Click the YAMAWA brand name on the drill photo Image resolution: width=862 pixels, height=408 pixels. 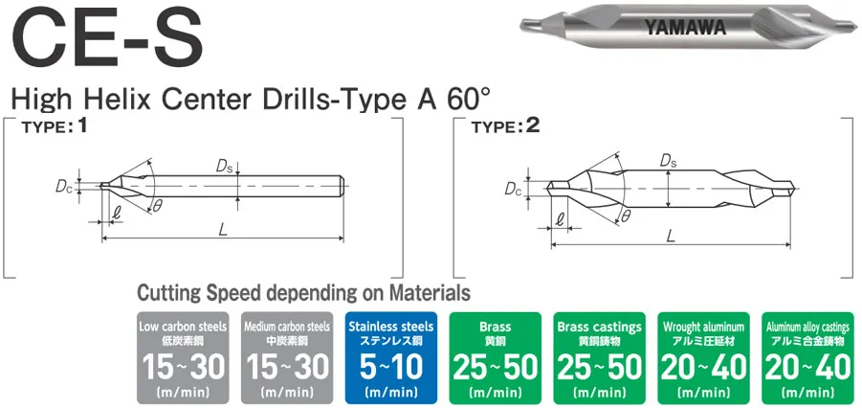tap(686, 28)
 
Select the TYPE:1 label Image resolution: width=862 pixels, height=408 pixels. tap(55, 128)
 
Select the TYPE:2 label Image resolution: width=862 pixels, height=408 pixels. tap(505, 128)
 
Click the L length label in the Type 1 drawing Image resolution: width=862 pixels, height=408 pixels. tap(222, 230)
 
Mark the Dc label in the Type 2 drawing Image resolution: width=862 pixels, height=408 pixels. tap(513, 189)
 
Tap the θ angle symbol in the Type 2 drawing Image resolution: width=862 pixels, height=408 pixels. tap(626, 217)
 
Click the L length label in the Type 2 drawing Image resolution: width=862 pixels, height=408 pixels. tap(670, 236)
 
